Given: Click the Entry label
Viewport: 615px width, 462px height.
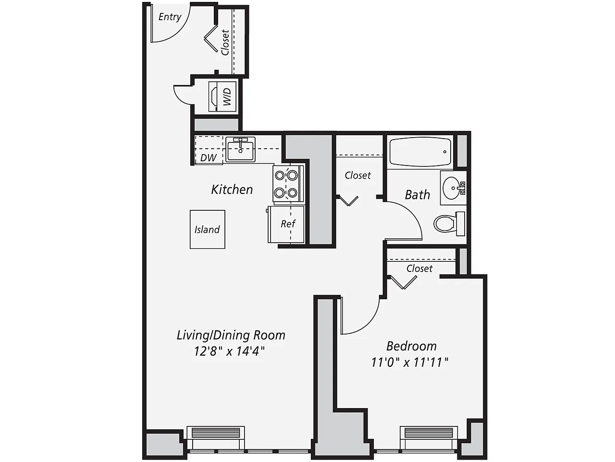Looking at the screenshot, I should coord(170,17).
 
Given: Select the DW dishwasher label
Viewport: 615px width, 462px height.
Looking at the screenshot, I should coord(209,157).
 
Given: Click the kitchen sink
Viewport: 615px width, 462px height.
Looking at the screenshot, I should coord(240,149).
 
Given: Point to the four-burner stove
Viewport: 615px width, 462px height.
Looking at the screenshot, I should coord(286,184).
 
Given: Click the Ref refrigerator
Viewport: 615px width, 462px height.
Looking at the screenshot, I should coord(287,224).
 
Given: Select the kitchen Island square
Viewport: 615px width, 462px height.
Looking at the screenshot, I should coord(207,230).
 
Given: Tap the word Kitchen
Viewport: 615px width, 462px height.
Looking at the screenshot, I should coord(232,190).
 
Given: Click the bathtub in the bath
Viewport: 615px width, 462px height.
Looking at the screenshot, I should coord(420,152).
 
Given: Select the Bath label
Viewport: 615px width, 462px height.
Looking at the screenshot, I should coord(417,195).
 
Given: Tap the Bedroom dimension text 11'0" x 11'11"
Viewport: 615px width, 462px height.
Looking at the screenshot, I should coord(409,362).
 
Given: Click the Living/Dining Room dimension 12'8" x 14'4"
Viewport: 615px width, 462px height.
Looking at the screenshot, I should coord(229,351).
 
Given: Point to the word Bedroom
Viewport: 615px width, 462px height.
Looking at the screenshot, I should coord(411,346).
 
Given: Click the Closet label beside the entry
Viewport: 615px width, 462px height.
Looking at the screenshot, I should coord(225,42).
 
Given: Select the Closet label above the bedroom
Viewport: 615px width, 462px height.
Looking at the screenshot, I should coord(419,269).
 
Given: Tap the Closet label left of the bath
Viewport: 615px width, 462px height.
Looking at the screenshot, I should coord(357,176).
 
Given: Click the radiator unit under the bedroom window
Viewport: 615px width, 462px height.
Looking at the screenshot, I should coord(429,433).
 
